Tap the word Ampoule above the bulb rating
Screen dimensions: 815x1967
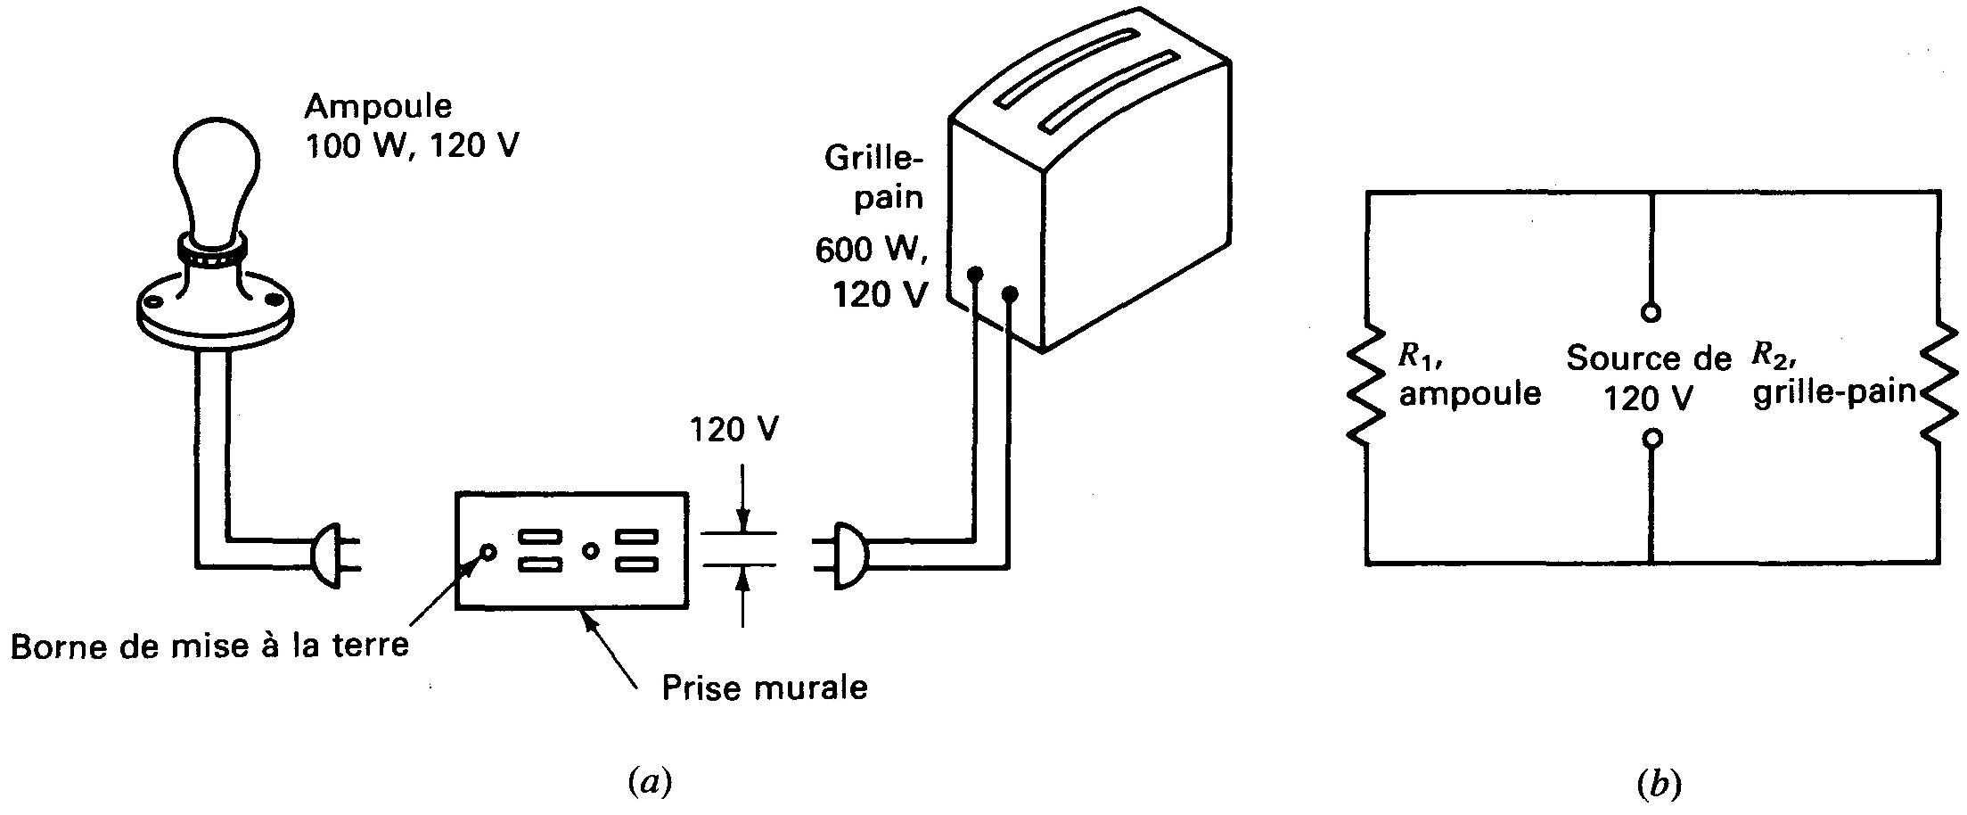tap(378, 107)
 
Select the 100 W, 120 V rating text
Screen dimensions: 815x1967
tap(411, 145)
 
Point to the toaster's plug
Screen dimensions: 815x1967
tap(848, 555)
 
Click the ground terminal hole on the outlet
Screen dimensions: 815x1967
tap(488, 551)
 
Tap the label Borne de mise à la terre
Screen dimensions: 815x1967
tap(209, 646)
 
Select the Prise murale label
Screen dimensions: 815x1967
tap(764, 687)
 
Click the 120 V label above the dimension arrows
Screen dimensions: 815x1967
tap(734, 430)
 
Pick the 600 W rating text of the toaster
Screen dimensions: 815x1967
tap(871, 251)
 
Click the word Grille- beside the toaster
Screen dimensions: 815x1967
tap(874, 158)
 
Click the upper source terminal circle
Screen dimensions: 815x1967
tap(1651, 313)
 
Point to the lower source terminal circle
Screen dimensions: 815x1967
tap(1651, 439)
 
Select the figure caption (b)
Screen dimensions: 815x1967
tap(1659, 784)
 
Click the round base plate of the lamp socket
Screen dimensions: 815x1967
tap(216, 309)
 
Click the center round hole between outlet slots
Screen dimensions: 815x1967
tap(589, 551)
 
